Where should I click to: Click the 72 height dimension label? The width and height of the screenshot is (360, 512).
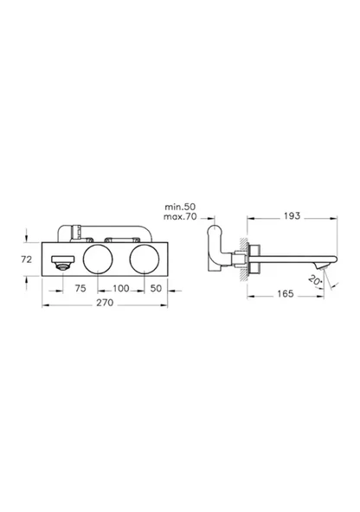(x=27, y=259)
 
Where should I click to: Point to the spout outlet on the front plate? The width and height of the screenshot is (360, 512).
(x=61, y=263)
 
